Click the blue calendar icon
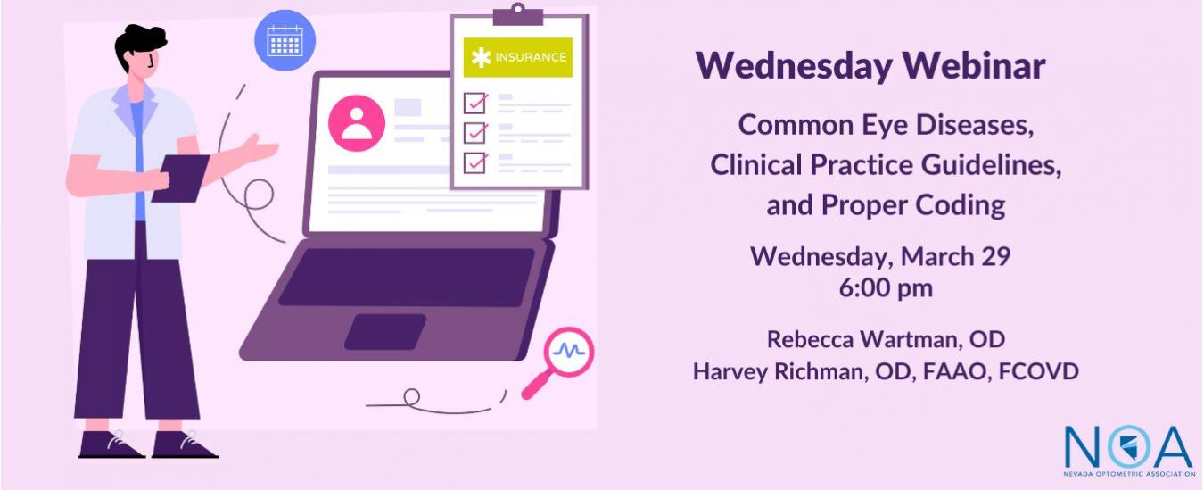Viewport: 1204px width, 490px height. point(285,40)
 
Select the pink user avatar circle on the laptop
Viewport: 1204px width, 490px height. point(357,123)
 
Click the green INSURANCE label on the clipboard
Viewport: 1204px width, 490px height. point(518,57)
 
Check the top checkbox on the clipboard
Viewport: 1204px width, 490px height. point(475,103)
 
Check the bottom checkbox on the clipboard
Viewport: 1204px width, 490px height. point(475,163)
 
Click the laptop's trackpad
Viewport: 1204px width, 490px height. point(385,331)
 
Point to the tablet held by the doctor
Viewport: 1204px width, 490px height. point(180,179)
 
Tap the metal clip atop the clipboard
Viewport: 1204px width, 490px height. point(518,15)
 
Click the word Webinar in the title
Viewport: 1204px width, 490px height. point(974,66)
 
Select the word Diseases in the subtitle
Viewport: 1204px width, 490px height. point(975,125)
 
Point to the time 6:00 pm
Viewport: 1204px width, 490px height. point(886,288)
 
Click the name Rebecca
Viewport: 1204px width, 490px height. point(811,339)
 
